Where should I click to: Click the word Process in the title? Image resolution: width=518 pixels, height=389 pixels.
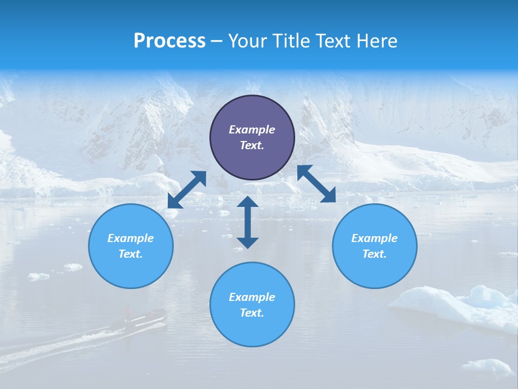(169, 41)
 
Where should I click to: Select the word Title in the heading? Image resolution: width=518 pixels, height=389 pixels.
(292, 41)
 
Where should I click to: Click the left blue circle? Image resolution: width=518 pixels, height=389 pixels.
(131, 246)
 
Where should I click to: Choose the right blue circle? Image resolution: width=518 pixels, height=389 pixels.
(374, 246)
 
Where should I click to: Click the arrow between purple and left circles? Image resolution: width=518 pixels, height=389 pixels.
(187, 190)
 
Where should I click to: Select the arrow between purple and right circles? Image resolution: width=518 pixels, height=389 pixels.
(317, 184)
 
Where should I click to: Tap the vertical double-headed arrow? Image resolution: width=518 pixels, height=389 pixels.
(248, 222)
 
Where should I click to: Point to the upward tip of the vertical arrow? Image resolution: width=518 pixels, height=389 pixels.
(248, 198)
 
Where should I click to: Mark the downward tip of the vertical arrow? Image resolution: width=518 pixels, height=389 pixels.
(248, 246)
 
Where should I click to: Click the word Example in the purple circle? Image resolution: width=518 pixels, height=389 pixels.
(252, 130)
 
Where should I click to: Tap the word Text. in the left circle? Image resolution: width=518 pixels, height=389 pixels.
(131, 254)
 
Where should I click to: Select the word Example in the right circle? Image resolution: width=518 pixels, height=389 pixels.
(374, 238)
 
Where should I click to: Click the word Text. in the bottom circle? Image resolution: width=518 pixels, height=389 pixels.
(252, 313)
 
